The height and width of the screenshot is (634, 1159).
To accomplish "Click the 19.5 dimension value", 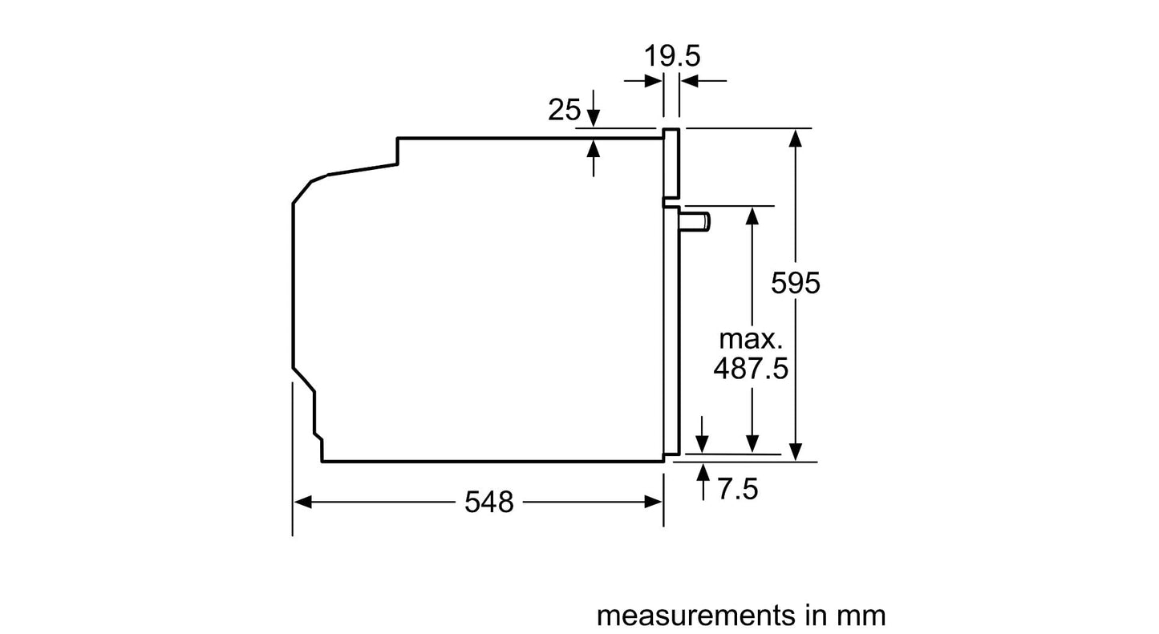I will pos(672,56).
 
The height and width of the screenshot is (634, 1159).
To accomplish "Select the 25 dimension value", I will pos(564,110).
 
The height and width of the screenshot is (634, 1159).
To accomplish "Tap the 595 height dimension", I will pos(796,282).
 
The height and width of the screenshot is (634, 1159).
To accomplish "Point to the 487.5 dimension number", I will pos(751,369).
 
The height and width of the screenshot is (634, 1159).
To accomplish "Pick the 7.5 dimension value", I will pos(737,489).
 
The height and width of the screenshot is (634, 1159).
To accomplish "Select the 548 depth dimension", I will pos(488,502).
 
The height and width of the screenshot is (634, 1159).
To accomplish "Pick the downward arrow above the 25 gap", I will pos(594,117).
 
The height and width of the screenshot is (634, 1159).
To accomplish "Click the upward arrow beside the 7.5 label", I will pos(703,472).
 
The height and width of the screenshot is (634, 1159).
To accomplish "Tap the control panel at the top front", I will pos(671,164).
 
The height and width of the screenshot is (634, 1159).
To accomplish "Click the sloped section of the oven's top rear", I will pos(363,168).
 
